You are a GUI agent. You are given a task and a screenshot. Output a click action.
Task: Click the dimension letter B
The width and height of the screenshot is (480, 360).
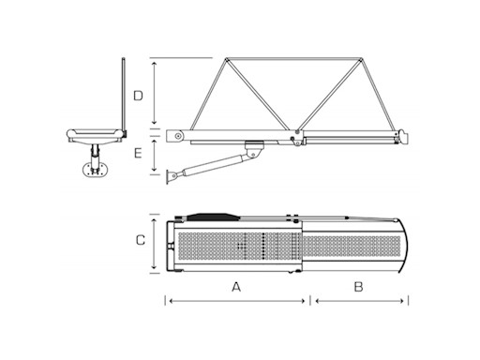point(358,287)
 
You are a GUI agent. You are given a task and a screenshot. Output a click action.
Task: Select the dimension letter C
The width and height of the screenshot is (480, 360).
point(140,240)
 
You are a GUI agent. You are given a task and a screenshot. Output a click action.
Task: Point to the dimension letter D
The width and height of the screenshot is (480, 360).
point(137,96)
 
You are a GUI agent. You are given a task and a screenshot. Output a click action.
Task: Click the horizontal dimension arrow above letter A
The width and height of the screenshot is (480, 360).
point(236,300)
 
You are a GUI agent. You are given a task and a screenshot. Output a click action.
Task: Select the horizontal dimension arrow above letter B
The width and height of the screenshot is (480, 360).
point(360,300)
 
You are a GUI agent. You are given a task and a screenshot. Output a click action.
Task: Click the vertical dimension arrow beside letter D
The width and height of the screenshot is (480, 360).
point(154,94)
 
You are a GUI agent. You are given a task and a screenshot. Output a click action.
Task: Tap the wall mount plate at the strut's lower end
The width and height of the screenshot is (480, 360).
point(171,176)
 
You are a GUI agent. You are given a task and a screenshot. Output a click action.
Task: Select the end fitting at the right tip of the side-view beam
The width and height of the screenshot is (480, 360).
point(404,138)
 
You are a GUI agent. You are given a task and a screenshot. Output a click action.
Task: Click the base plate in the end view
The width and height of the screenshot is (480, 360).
point(92,170)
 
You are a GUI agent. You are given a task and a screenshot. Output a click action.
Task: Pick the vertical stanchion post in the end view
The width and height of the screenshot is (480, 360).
point(124,94)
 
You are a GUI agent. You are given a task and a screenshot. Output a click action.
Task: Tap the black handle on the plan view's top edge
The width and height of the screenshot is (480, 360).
point(213,215)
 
